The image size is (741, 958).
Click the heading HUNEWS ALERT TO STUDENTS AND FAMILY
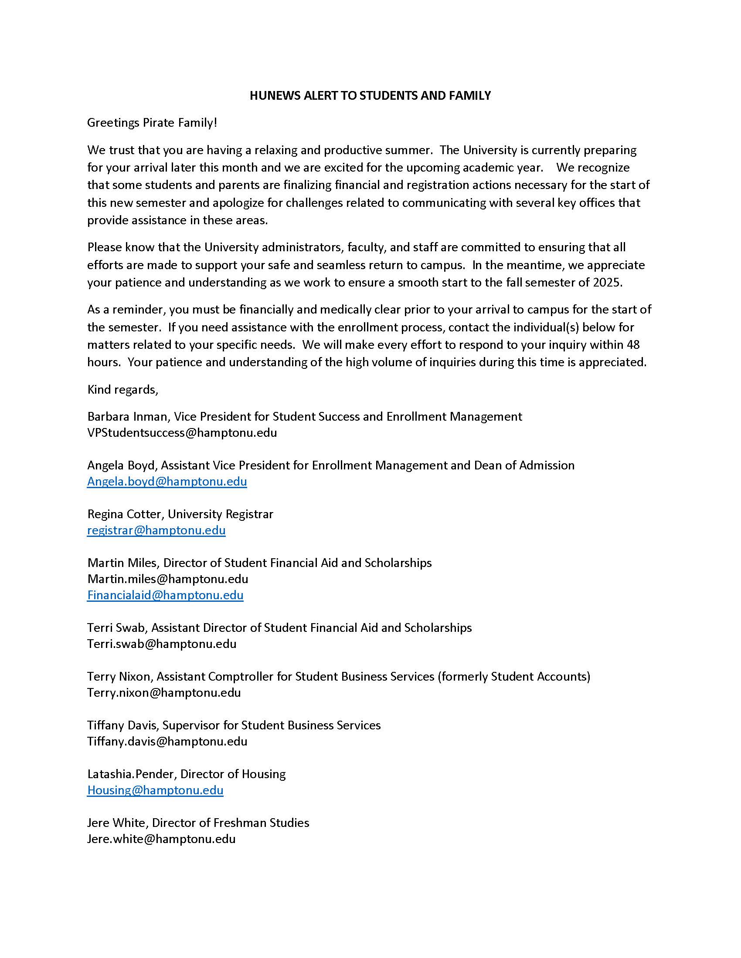370,96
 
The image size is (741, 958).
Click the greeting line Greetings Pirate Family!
152,123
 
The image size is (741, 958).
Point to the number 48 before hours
633,345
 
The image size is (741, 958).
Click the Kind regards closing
122,390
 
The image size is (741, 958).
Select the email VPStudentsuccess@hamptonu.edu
182,433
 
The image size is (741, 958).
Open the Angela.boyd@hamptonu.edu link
167,482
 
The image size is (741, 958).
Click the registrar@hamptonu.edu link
156,530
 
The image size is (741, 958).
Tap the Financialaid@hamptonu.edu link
165,595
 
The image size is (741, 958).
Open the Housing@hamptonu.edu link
155,790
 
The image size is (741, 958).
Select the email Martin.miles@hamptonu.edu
168,579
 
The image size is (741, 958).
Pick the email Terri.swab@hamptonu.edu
162,644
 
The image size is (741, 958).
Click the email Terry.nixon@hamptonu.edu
164,693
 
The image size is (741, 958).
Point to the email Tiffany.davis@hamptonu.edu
167,741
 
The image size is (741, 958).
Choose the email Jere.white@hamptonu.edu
161,839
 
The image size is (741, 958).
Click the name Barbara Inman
127,416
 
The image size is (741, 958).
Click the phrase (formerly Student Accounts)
513,677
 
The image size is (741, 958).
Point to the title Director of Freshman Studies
231,823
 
